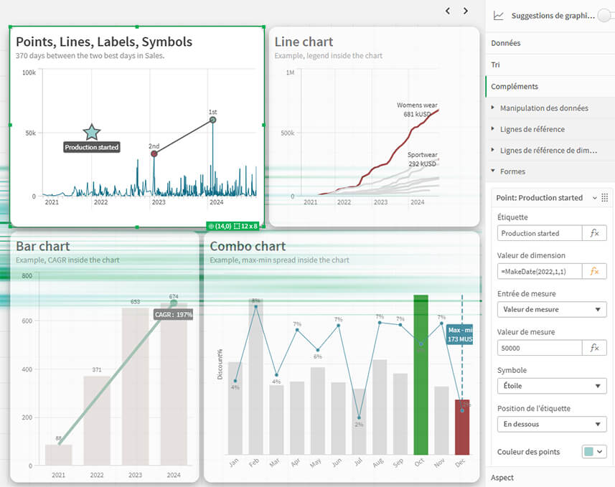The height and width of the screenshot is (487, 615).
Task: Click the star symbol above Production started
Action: (x=92, y=132)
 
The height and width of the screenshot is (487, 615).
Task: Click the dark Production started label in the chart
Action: (x=92, y=147)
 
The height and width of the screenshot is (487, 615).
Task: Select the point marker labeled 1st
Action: (x=212, y=120)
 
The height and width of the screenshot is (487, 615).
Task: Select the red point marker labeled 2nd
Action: (x=154, y=153)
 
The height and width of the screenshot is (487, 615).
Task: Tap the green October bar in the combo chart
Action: (x=421, y=373)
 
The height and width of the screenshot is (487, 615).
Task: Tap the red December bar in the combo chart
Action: (x=462, y=427)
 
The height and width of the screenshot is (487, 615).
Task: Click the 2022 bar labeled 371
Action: (x=97, y=420)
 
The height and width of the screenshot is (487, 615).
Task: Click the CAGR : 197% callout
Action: (x=173, y=314)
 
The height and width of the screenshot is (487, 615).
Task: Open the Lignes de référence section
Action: (x=532, y=129)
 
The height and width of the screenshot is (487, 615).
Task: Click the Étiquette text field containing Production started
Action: (x=540, y=233)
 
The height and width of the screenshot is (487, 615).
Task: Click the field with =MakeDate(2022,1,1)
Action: (x=540, y=271)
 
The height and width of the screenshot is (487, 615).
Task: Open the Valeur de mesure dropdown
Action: (x=551, y=310)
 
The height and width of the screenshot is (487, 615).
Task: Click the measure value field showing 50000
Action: (x=540, y=348)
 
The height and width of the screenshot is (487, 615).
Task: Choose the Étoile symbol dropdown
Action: (x=551, y=386)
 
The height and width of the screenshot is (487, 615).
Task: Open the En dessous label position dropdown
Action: (x=551, y=424)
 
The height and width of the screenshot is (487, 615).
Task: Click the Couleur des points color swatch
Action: (x=595, y=452)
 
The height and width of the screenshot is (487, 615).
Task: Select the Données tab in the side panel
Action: (x=506, y=43)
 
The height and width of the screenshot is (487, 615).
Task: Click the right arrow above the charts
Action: (x=466, y=11)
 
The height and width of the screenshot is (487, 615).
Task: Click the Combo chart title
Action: (x=248, y=246)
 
